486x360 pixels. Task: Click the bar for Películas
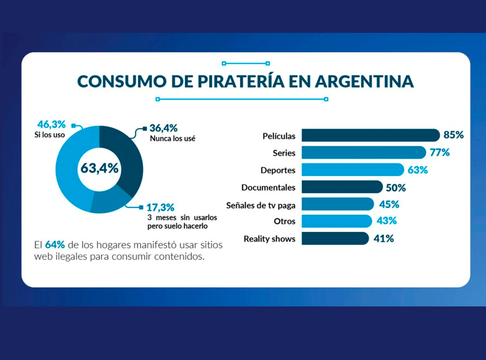(x=370, y=135)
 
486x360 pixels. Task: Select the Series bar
(x=363, y=153)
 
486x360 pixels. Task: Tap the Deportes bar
(x=352, y=170)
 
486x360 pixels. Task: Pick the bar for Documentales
(x=342, y=187)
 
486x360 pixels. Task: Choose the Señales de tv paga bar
(x=337, y=204)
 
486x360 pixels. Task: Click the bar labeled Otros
(x=337, y=221)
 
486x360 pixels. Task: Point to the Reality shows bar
(x=335, y=238)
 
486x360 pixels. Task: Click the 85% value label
(x=453, y=135)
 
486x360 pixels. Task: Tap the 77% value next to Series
(x=439, y=153)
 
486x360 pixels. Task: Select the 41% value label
(x=383, y=238)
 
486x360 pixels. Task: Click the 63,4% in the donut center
(x=99, y=169)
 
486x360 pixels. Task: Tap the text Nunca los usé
(x=172, y=139)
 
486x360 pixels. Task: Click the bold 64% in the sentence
(x=55, y=245)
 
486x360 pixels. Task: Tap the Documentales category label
(x=268, y=187)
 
